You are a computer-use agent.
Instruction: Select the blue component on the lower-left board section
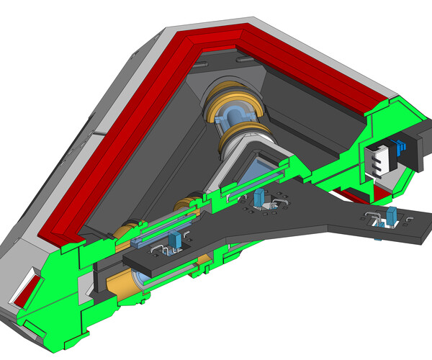point(173,240)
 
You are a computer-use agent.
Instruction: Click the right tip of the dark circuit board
point(421,230)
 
